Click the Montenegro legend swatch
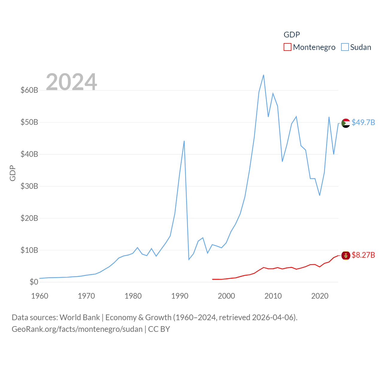click(287, 47)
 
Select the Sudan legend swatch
click(345, 47)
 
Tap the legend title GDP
click(291, 35)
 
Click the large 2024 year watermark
click(71, 82)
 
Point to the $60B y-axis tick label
click(29, 90)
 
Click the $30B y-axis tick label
click(29, 186)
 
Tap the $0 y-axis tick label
click(34, 282)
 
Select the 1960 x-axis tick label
click(40, 296)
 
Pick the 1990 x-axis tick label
click(180, 296)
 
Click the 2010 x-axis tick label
click(273, 296)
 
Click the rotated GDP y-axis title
click(13, 173)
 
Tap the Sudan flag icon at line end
click(346, 123)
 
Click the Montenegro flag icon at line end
click(346, 256)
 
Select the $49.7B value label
click(363, 122)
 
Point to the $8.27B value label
click(363, 255)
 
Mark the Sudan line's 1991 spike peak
click(184, 141)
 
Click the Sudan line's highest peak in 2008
click(263, 75)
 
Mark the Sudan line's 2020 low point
click(320, 195)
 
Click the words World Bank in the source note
click(80, 317)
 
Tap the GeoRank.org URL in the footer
click(77, 329)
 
